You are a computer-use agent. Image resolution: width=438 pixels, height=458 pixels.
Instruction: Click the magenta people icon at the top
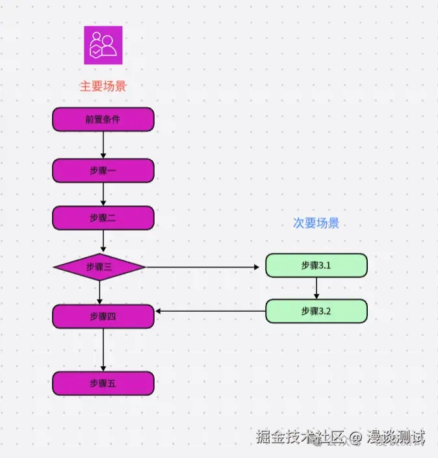(103, 45)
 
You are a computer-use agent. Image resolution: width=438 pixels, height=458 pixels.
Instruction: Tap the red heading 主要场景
(103, 86)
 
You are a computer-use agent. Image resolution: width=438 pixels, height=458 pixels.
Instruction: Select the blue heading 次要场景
(316, 223)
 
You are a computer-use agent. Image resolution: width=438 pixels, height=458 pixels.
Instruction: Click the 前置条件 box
(103, 120)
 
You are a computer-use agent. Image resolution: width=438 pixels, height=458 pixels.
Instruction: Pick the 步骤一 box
(103, 170)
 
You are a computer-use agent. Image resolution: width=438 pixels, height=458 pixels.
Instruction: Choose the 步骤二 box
(103, 218)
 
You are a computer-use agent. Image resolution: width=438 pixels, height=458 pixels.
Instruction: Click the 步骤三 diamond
(99, 267)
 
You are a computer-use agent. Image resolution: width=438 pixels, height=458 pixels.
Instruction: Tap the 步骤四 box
(103, 316)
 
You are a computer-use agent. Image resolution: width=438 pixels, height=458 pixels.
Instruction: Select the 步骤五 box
(103, 383)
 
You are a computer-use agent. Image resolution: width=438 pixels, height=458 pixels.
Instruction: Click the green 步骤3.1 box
(316, 266)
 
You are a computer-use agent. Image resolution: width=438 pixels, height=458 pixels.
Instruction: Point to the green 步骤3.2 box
(316, 311)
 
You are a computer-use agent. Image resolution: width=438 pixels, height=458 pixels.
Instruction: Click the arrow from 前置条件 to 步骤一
(103, 145)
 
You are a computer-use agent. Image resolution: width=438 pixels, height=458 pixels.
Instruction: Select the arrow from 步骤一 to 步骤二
(103, 194)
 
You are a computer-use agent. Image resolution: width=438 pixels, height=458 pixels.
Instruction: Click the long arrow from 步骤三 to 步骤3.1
(205, 267)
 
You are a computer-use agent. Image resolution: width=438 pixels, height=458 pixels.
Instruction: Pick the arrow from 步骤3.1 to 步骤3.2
(316, 288)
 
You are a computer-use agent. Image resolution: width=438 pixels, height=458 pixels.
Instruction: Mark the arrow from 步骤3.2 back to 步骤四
(210, 311)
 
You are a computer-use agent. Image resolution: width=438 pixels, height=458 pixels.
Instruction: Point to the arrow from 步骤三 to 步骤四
(99, 292)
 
